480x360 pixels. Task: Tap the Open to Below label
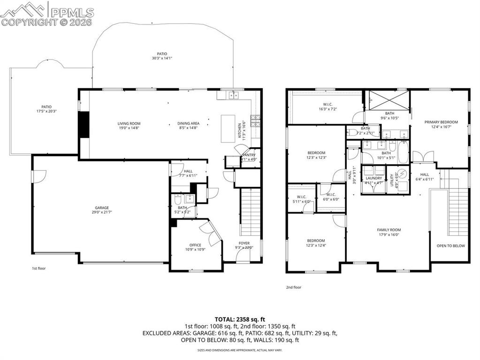[x=450, y=246]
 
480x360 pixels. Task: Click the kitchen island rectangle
[x=229, y=129]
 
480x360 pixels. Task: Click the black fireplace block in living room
[x=84, y=125]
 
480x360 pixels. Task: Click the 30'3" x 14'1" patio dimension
[x=162, y=58]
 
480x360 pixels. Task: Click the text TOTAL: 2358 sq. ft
[x=240, y=318]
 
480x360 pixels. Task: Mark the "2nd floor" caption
[x=294, y=287]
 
